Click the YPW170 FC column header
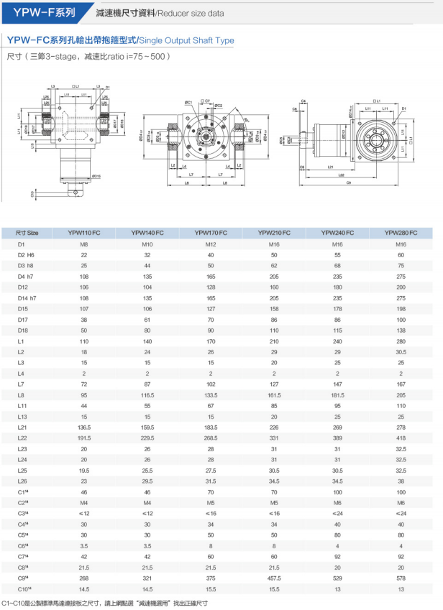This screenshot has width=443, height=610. click(x=211, y=233)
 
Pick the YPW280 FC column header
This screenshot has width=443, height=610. click(x=401, y=233)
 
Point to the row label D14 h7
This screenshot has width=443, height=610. click(x=27, y=297)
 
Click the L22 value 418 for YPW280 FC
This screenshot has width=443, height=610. click(x=401, y=438)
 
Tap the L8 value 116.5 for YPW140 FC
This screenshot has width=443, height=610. click(x=147, y=394)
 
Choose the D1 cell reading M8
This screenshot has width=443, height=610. click(x=84, y=244)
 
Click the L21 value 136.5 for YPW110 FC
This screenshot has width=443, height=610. click(x=84, y=427)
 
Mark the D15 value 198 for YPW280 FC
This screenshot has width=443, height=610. click(x=401, y=308)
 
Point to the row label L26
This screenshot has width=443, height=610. click(x=22, y=481)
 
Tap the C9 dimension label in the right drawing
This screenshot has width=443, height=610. click(x=349, y=183)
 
